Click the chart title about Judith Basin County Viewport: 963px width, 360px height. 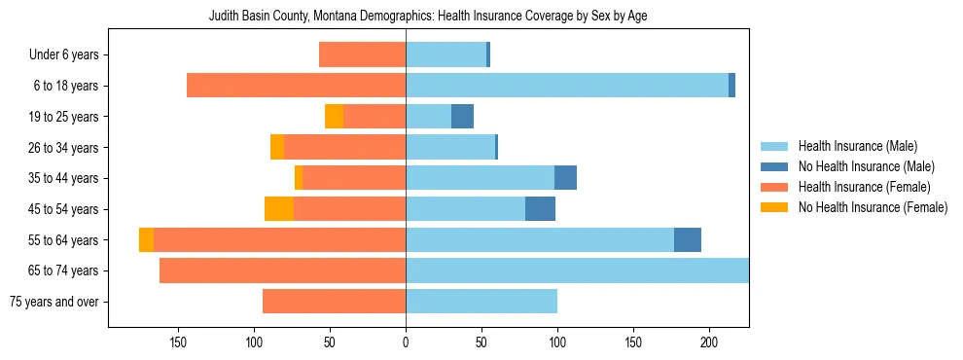click(428, 17)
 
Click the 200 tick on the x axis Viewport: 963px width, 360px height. click(709, 342)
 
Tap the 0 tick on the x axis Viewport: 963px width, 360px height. click(406, 342)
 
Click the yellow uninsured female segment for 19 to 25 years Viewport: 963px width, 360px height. click(334, 117)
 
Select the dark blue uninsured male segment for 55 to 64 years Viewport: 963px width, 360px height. click(688, 239)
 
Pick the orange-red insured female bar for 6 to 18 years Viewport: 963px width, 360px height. click(296, 86)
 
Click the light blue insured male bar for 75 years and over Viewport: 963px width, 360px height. click(481, 302)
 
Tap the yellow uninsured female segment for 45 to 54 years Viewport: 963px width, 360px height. click(279, 209)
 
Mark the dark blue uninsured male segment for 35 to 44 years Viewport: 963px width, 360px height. click(565, 178)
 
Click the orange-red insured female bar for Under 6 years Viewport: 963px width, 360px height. click(362, 55)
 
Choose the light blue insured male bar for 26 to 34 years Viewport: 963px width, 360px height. click(450, 147)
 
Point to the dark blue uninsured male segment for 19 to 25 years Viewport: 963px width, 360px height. click(462, 117)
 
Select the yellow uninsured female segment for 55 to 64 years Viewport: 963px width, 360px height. click(146, 239)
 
